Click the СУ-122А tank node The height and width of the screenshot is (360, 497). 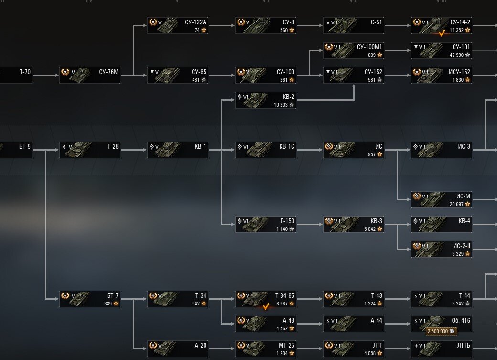(177, 26)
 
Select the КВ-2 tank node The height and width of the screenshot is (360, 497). (265, 100)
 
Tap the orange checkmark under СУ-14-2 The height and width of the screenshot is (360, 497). (442, 33)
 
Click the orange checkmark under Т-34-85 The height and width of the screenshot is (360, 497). (266, 307)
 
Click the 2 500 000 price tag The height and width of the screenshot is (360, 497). (441, 331)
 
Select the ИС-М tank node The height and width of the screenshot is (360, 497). (441, 199)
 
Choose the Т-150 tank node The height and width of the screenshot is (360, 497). (265, 224)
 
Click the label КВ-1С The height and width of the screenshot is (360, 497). (287, 146)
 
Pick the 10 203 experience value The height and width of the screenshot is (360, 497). (281, 105)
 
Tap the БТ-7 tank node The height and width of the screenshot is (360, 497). (89, 299)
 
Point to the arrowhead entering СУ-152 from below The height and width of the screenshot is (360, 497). (354, 87)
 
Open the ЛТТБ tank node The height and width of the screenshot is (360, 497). (441, 349)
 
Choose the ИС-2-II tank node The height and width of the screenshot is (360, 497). (441, 249)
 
